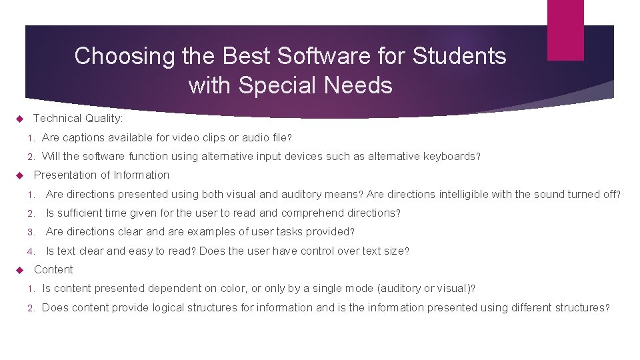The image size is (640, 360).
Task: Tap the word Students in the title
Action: [x=459, y=56]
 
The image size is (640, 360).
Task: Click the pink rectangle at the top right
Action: [x=565, y=30]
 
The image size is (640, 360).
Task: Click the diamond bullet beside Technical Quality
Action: [x=19, y=119]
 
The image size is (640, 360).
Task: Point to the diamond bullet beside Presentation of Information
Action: [x=19, y=175]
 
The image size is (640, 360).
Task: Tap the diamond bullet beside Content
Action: [x=19, y=270]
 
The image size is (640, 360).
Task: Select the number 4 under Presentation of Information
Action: [x=31, y=251]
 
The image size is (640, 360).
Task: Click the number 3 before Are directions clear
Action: [x=31, y=232]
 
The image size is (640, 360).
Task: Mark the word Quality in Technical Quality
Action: [x=103, y=119]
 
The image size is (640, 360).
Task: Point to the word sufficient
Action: [x=81, y=213]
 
